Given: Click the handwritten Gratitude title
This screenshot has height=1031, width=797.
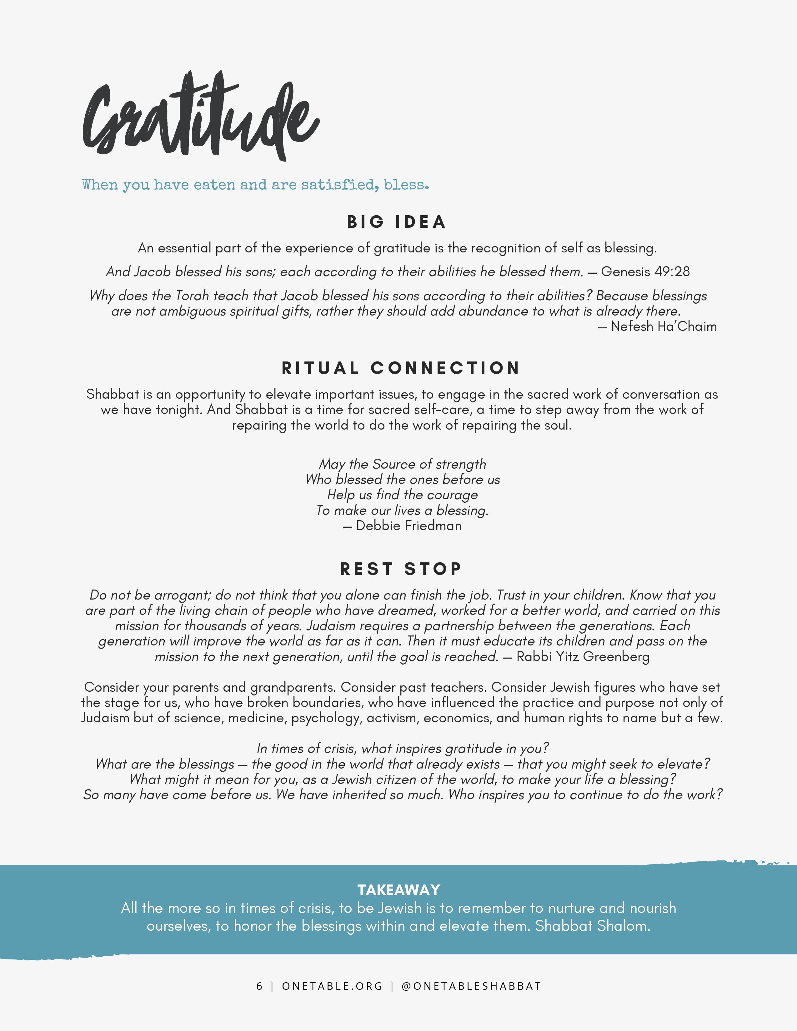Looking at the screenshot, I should (x=201, y=118).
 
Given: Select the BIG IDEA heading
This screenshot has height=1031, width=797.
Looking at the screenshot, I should (x=397, y=222).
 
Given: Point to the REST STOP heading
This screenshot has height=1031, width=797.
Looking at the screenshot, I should (x=400, y=569).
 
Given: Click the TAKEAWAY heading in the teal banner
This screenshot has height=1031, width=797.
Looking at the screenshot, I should (x=398, y=890).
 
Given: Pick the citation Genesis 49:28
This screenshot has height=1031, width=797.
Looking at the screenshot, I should (x=645, y=271).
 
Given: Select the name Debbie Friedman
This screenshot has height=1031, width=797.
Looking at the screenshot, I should (x=409, y=525).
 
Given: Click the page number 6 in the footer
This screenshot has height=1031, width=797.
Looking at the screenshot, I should (x=259, y=986).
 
